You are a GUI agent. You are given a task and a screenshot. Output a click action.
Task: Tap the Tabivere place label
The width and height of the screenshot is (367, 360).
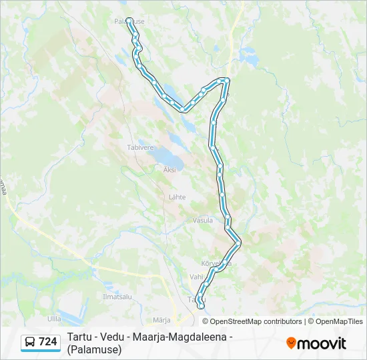tap(140, 147)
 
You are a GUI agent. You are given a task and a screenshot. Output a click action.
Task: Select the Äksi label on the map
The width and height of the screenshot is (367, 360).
tap(170, 170)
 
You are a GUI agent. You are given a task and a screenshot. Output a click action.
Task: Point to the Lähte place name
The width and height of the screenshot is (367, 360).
tap(177, 197)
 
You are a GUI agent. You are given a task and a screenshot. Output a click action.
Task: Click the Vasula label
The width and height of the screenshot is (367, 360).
tap(202, 220)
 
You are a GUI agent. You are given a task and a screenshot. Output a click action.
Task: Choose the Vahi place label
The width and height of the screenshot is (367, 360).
tap(196, 276)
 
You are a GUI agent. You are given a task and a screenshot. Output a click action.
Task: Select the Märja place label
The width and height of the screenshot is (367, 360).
tap(161, 320)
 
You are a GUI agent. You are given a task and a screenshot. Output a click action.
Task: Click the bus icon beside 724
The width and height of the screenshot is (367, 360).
tap(30, 342)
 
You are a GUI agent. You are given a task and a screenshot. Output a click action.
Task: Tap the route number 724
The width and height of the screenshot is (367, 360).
tap(48, 342)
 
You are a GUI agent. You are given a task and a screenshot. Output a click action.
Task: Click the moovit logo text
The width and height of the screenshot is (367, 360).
tap(322, 344)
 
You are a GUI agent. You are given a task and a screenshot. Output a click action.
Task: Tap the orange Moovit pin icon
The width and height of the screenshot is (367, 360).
tap(291, 343)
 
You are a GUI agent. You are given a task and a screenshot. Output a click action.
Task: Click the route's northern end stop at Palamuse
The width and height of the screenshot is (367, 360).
tap(129, 20)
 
